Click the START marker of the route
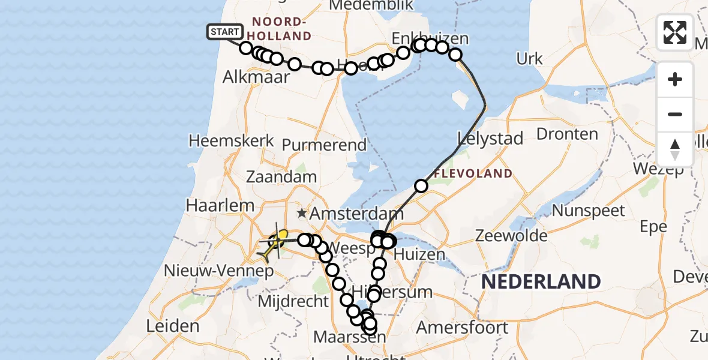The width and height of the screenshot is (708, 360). coord(225,32)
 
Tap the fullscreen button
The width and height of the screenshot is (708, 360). coord(675,32)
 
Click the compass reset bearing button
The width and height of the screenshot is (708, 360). coord(675,149)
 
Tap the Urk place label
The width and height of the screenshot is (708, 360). coord(529,59)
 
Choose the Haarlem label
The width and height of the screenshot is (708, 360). coord(220,205)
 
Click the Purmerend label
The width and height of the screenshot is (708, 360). coord(324,145)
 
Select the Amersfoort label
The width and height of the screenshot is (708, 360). coord(462,328)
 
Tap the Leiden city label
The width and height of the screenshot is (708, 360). coord(173,326)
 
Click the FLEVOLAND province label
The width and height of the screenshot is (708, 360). coord(473,174)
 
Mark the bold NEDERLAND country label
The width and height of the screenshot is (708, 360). coord(541,281)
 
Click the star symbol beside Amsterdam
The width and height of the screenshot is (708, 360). coord(301,213)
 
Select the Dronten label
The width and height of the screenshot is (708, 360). coord(567,133)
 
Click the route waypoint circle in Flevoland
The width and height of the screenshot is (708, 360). coord(421,186)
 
